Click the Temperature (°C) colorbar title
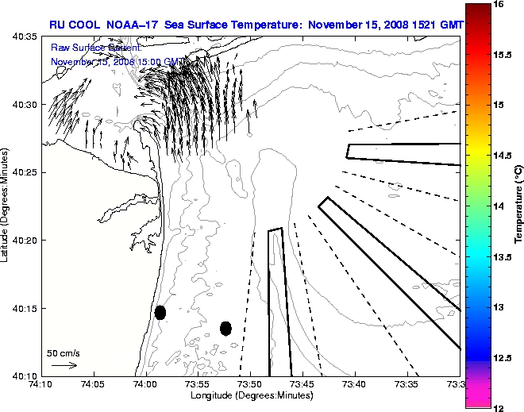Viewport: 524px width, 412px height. point(518,206)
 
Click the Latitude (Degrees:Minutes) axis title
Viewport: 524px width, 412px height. point(6,206)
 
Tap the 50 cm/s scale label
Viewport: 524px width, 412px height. point(64,352)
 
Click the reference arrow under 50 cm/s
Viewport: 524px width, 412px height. point(64,365)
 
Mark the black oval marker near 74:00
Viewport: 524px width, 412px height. point(160,312)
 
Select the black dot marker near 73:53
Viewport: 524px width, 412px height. point(226,328)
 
